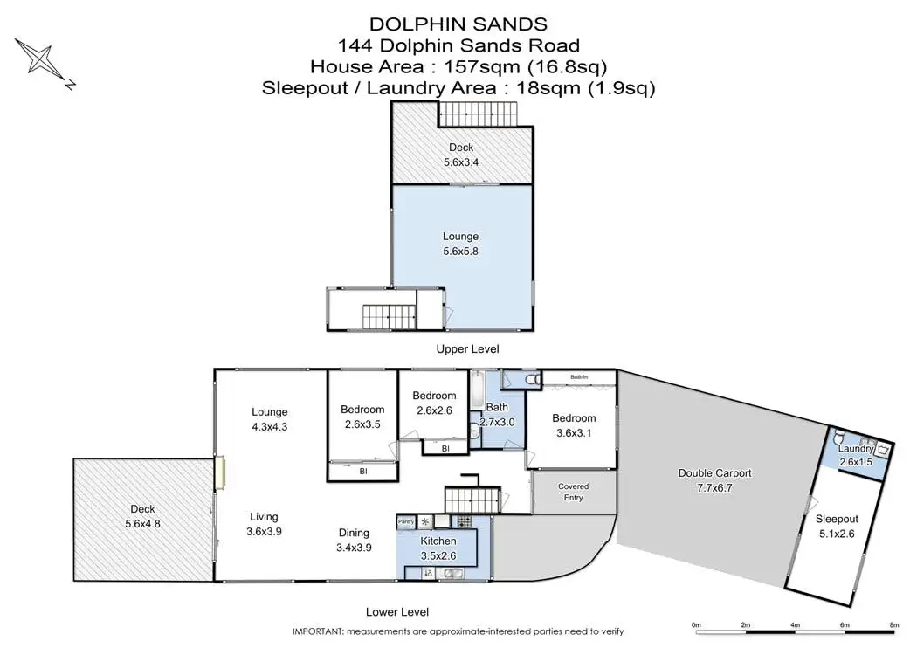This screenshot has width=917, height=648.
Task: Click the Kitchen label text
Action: pos(438,541)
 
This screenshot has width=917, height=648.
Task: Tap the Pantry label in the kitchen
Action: pos(406,521)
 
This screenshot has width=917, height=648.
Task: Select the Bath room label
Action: pos(497,407)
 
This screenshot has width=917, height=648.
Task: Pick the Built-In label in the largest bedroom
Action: pos(579,377)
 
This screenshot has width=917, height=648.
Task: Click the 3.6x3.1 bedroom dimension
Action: pos(574,433)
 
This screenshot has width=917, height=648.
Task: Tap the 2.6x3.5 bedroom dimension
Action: pos(362,424)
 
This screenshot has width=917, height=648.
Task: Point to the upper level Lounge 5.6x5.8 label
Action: pos(461,244)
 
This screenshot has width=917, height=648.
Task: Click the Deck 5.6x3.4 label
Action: pos(461,155)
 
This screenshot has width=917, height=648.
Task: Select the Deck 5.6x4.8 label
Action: pos(142,516)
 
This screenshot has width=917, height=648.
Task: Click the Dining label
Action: pos(354,533)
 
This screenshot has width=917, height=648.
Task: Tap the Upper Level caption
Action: pos(468,349)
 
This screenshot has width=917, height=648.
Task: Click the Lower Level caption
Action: pos(397,612)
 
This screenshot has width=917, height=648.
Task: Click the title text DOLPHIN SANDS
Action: pos(458,24)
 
